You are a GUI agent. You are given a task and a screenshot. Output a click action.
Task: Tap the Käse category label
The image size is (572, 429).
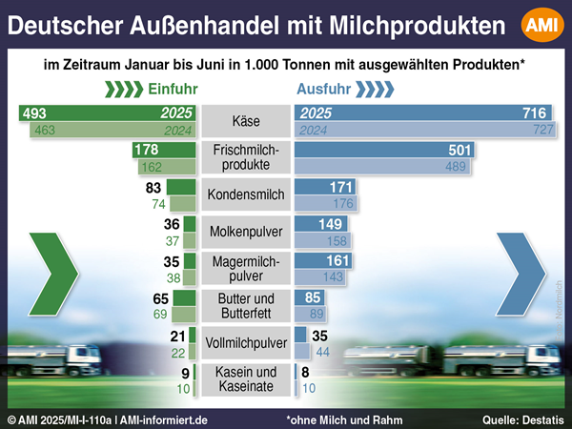(246, 121)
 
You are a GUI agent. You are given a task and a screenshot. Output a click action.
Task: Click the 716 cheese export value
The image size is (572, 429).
(534, 113)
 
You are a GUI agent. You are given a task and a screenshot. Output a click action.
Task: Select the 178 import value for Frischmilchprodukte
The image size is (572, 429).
(147, 151)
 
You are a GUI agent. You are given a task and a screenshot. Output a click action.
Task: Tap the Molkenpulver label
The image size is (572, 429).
(246, 232)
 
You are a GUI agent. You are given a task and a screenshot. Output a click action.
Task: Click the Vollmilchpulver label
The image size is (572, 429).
(246, 341)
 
